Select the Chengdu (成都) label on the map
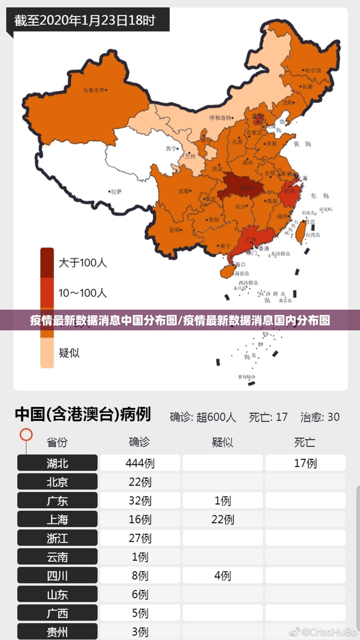[184, 191]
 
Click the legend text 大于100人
[83, 263]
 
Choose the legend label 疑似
[69, 353]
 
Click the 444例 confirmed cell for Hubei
[140, 463]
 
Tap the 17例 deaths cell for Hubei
[305, 463]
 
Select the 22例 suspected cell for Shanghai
[223, 519]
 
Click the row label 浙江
[57, 538]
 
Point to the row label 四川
[57, 576]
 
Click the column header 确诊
[139, 442]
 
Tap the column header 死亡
[305, 442]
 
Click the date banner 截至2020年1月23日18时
[85, 20]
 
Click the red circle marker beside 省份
[26, 434]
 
